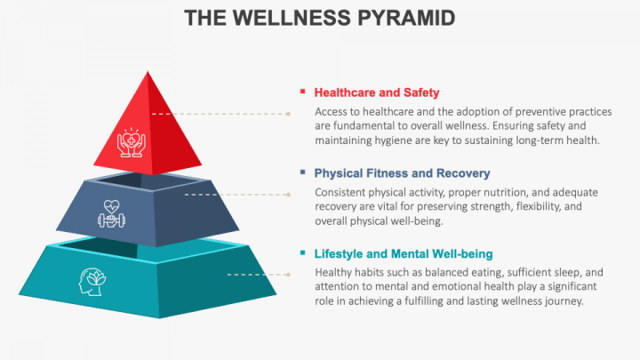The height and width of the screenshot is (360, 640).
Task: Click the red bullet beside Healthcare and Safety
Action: point(303,92)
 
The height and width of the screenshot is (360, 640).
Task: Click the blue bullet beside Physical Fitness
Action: point(303,172)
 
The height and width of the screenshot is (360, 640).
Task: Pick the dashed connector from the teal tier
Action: point(258,275)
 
